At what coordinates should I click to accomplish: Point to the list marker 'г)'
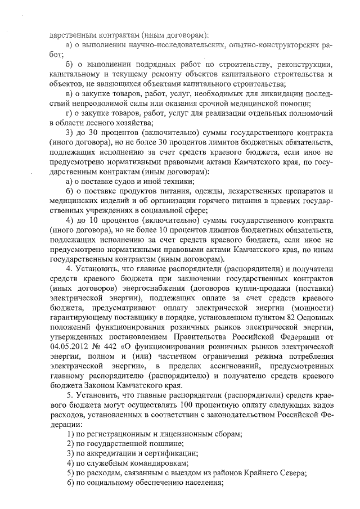[70, 112]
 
